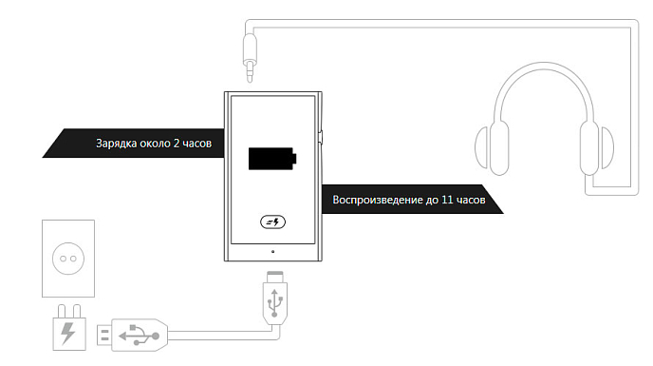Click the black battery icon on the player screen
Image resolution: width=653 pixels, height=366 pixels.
coord(271,158)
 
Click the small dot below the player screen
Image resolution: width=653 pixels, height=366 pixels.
coord(272,252)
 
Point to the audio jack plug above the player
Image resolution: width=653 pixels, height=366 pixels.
coord(249,52)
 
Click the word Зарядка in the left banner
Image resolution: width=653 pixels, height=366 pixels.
coord(117,144)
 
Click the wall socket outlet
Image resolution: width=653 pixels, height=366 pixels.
coord(68,258)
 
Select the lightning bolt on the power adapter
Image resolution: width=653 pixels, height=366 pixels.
coord(67,333)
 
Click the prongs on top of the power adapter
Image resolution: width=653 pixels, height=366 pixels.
coord(67,309)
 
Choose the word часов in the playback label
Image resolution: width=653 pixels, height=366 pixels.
coord(472,201)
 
